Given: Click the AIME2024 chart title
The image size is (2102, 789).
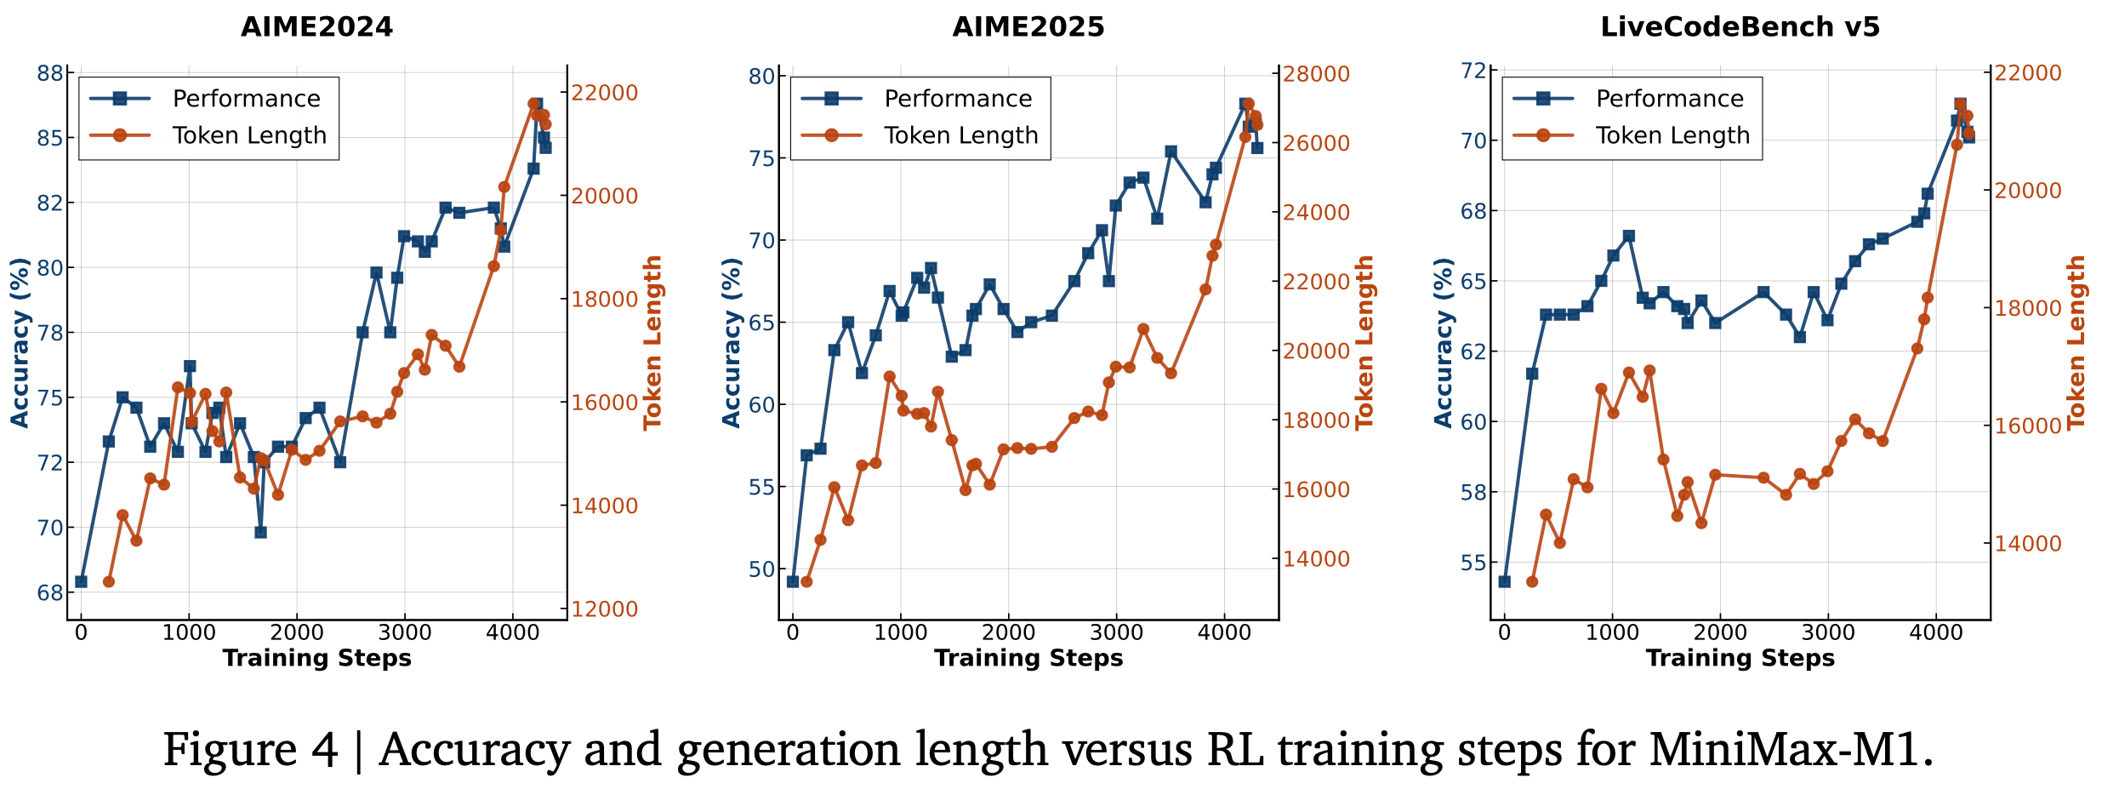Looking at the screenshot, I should [316, 27].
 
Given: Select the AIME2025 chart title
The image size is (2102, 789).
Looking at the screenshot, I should [1028, 27].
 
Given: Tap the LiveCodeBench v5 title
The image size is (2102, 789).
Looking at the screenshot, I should [1740, 27].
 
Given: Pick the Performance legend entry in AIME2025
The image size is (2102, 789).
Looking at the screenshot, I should [958, 99].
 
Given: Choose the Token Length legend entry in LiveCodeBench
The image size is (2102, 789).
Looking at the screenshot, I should [1672, 135].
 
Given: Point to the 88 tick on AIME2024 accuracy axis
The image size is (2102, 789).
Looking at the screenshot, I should [50, 73].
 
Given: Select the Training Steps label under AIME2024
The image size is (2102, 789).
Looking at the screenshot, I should [316, 658].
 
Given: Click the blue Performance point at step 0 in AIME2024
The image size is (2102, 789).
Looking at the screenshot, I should [81, 581].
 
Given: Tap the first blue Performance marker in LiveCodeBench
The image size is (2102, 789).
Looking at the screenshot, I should [1504, 581].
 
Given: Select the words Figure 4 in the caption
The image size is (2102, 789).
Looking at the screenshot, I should [250, 750].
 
